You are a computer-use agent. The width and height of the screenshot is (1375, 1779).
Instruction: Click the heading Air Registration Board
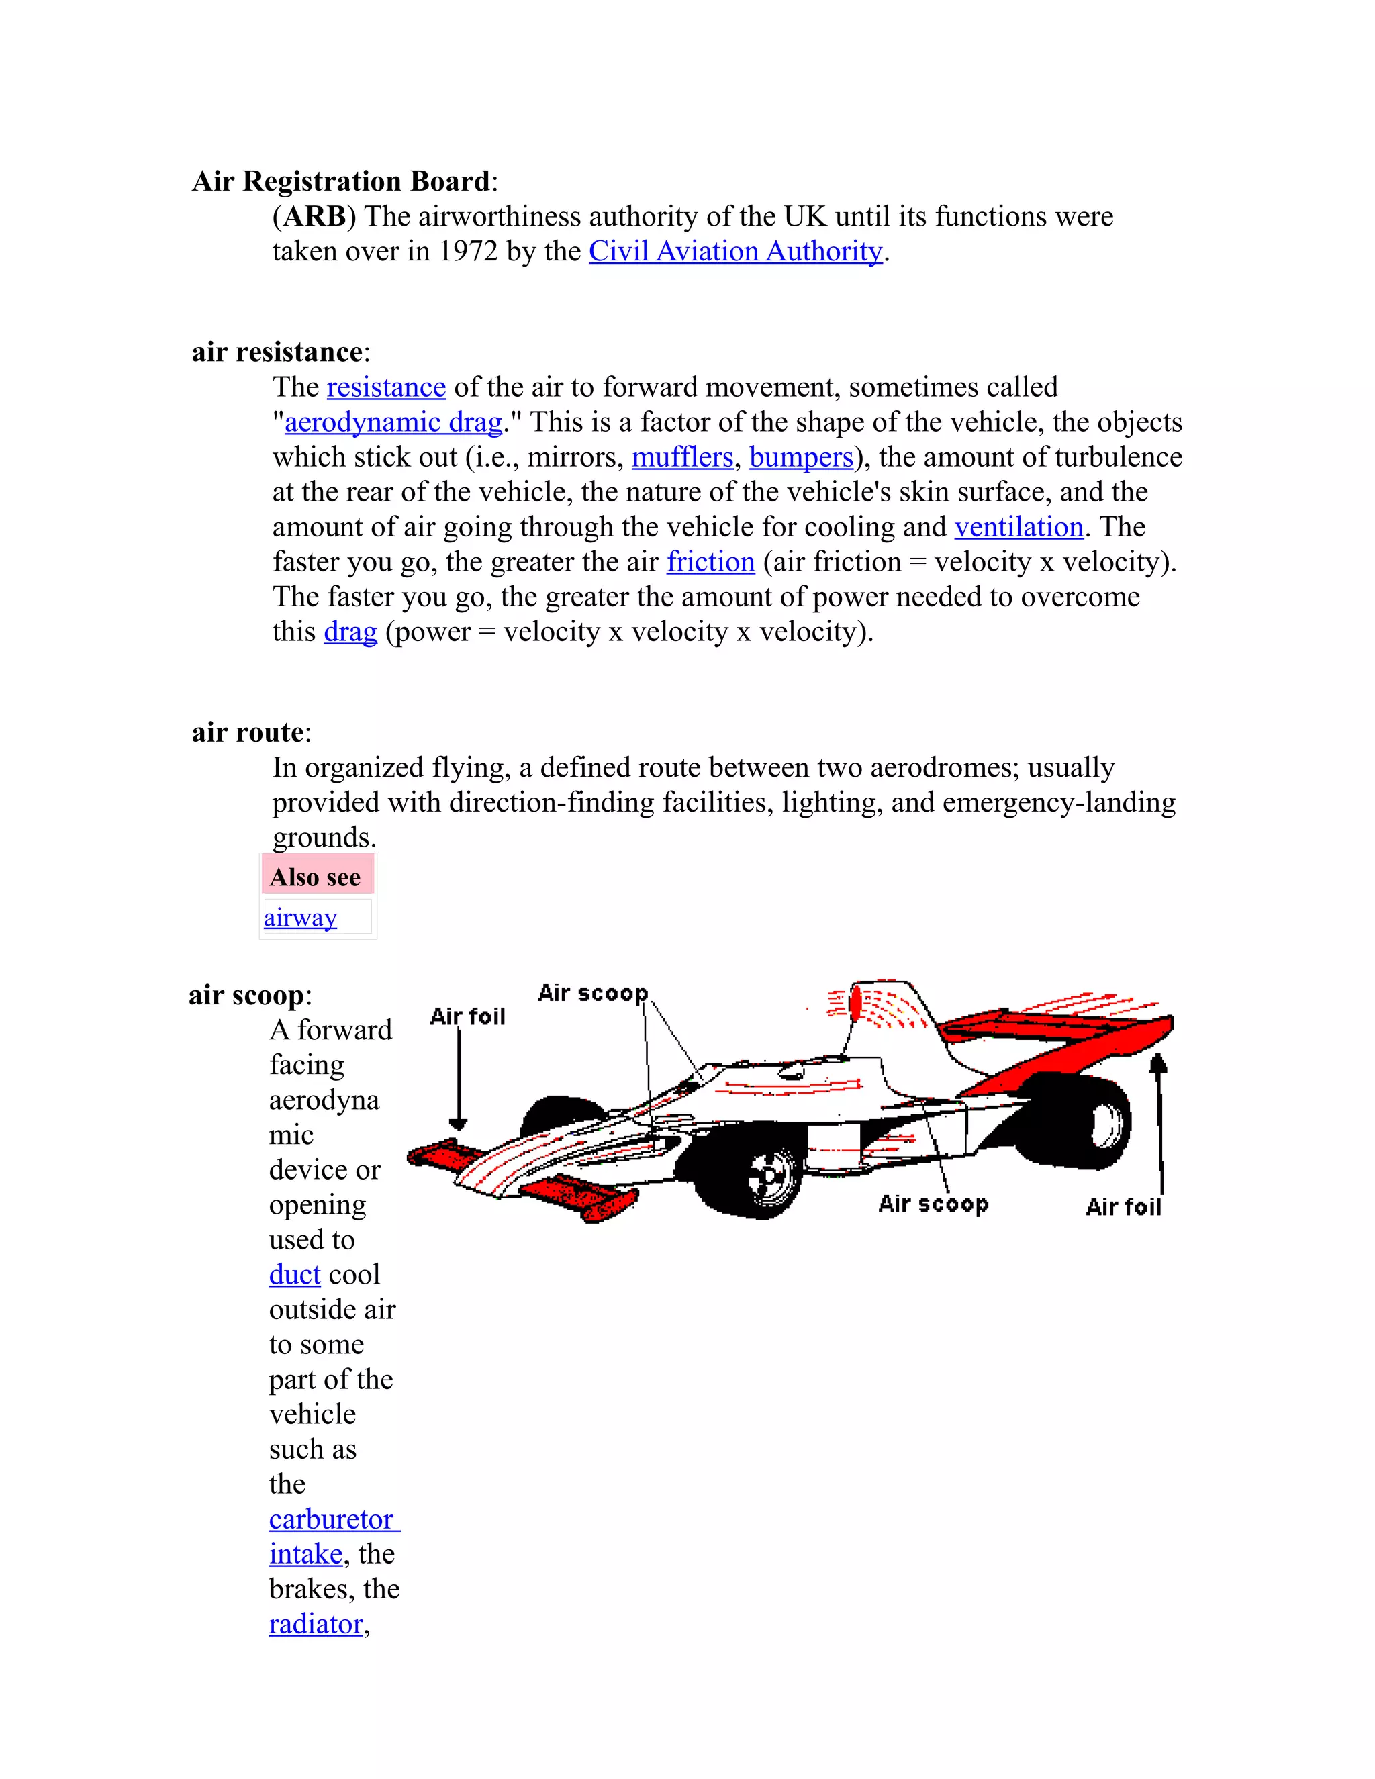[x=341, y=181]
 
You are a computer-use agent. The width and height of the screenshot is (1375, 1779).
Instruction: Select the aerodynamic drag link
[x=393, y=422]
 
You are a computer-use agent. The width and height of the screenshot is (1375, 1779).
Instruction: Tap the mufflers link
[x=682, y=457]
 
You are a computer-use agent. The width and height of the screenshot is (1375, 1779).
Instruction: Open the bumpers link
[x=801, y=457]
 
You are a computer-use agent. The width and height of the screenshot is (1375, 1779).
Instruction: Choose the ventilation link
[x=1018, y=527]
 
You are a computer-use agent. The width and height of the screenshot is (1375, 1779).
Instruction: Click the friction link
[x=710, y=562]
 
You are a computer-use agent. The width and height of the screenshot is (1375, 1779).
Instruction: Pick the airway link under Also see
[x=299, y=917]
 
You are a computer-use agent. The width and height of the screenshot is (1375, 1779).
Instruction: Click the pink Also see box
[x=317, y=877]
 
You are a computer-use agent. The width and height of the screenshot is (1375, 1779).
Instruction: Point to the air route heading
[x=248, y=732]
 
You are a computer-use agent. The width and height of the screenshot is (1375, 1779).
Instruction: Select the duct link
[x=295, y=1275]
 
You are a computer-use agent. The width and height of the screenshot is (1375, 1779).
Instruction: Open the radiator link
[x=316, y=1624]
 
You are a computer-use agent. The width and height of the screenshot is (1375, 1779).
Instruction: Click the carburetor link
[x=332, y=1519]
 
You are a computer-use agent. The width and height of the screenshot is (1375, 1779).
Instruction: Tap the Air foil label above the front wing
[x=467, y=1016]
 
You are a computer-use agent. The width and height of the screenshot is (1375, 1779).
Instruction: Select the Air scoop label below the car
[x=933, y=1204]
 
